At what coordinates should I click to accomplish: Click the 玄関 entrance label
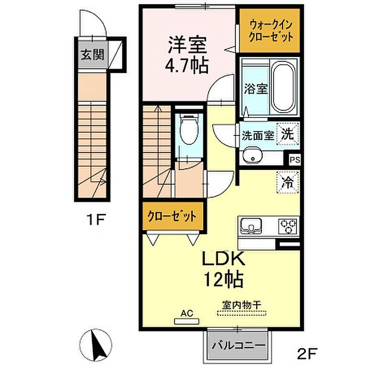click(92, 55)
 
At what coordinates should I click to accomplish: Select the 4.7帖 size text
click(187, 65)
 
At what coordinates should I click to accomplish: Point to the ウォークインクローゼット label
click(270, 31)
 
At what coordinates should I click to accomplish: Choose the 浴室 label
click(256, 89)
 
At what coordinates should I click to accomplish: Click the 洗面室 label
click(258, 135)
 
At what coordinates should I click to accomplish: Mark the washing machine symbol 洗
click(288, 134)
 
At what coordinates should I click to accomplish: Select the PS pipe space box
click(294, 159)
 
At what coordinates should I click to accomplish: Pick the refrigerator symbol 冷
click(288, 182)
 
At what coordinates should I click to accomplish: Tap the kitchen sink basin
click(251, 226)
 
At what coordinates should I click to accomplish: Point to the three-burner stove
click(288, 226)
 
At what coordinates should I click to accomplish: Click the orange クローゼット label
click(172, 217)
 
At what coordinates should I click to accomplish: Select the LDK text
click(223, 259)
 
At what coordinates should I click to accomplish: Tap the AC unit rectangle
click(187, 322)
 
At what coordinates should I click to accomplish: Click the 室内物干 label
click(242, 305)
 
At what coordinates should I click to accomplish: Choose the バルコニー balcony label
click(238, 345)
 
